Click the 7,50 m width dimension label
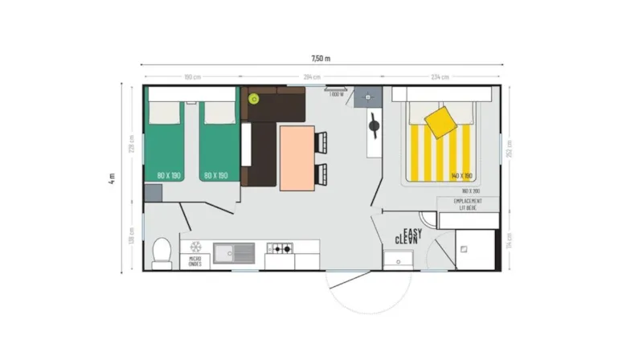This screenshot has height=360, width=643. [x=321, y=58]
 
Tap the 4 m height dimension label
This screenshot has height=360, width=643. [x=113, y=178]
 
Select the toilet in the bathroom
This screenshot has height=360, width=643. [x=161, y=252]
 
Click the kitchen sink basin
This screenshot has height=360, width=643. [x=234, y=253]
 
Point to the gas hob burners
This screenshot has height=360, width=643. [x=280, y=249]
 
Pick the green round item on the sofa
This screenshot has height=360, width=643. [x=254, y=99]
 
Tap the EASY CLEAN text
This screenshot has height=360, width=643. [x=409, y=235]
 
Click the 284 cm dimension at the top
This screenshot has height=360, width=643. [x=312, y=77]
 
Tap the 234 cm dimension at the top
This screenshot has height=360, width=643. [x=440, y=77]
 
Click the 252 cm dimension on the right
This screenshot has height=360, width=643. [x=510, y=149]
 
